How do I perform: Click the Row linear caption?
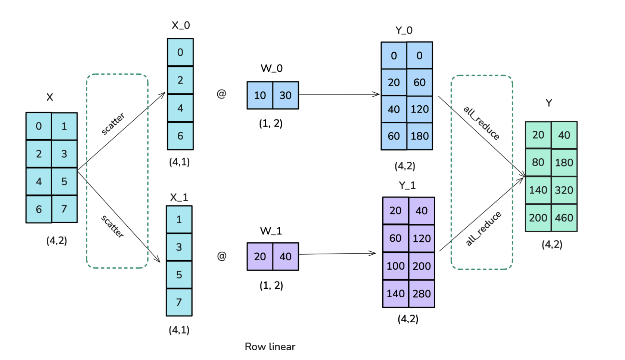click(270, 347)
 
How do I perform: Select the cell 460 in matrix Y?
click(564, 218)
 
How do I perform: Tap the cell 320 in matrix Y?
click(564, 190)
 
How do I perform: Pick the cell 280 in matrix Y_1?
click(422, 294)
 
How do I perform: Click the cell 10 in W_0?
click(260, 95)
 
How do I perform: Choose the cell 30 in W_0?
click(285, 95)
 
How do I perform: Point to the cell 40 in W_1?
click(285, 257)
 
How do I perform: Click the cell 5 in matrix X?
click(64, 181)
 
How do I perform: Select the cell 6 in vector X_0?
click(180, 136)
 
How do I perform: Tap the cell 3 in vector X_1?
click(179, 247)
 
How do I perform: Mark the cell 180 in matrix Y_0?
click(420, 136)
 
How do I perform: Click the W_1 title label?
click(271, 231)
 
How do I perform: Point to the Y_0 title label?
click(404, 30)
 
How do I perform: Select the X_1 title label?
click(179, 197)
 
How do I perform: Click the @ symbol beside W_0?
click(221, 94)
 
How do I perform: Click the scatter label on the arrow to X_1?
click(112, 226)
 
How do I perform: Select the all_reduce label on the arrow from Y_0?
click(481, 123)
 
